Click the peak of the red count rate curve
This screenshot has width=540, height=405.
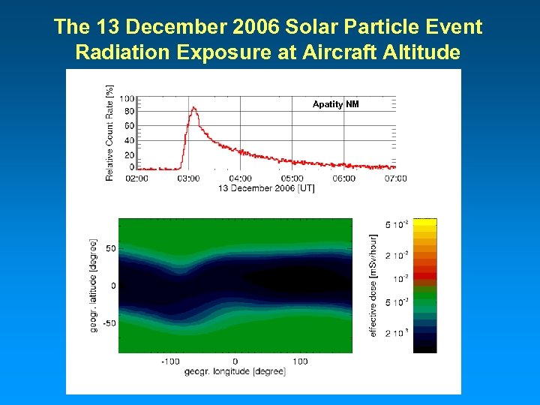(193, 108)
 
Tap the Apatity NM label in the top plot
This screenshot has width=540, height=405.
(335, 104)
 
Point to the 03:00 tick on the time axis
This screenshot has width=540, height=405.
(188, 178)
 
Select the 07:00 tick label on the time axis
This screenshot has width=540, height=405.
(395, 178)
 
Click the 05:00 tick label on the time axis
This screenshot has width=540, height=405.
(292, 178)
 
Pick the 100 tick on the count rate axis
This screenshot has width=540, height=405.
(127, 98)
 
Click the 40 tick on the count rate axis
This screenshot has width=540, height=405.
(129, 140)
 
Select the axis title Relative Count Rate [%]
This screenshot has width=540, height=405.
(109, 133)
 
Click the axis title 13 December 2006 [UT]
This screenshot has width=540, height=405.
(266, 188)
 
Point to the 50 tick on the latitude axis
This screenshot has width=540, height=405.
(109, 248)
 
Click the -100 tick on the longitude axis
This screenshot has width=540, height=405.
(170, 361)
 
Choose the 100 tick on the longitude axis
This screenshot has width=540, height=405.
(300, 361)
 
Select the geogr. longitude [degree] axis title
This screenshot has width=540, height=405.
(235, 372)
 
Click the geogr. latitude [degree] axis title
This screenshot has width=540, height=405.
(93, 286)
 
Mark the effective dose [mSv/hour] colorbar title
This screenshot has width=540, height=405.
(373, 286)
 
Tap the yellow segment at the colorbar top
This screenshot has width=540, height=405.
(425, 223)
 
